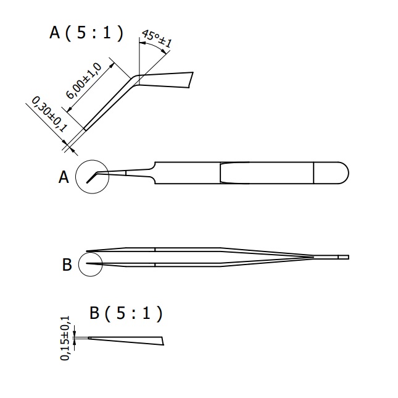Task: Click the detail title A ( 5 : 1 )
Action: tap(86, 33)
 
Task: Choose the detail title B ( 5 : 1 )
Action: tap(126, 313)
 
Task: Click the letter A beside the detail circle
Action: tap(64, 178)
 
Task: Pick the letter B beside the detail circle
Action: tap(67, 265)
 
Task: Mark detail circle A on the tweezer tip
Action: tap(91, 177)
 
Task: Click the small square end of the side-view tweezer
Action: tap(344, 256)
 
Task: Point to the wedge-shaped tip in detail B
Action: tap(130, 340)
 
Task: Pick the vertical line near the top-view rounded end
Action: tap(314, 172)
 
